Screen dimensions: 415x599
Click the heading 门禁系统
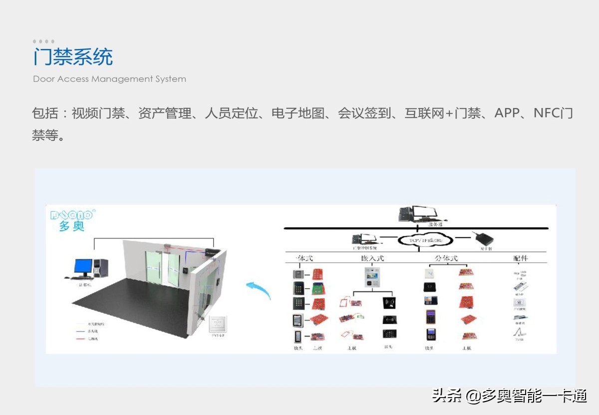tap(73, 57)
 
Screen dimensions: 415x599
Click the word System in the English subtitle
tap(170, 79)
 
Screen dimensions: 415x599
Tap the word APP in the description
tap(507, 113)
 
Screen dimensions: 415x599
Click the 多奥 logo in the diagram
tap(71, 220)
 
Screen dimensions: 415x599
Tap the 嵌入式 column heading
tap(372, 258)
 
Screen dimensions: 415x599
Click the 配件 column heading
tap(520, 258)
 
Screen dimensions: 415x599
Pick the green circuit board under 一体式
tap(318, 288)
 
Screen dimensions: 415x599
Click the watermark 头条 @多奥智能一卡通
tap(509, 397)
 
